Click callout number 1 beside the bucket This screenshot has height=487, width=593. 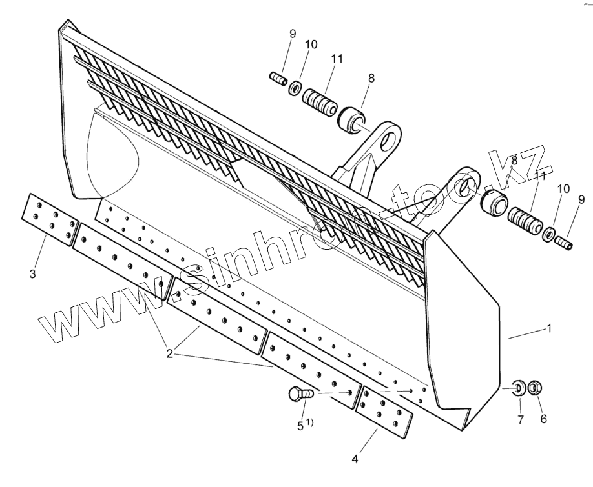click(x=549, y=328)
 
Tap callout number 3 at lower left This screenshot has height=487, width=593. click(x=32, y=275)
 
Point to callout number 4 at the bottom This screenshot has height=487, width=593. click(x=355, y=459)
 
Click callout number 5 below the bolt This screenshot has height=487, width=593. click(x=300, y=425)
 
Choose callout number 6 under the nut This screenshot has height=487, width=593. click(x=543, y=419)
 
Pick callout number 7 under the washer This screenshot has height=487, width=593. click(x=520, y=420)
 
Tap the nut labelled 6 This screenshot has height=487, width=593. click(x=534, y=388)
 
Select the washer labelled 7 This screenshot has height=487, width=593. click(x=519, y=388)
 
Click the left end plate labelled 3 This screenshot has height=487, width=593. click(x=50, y=218)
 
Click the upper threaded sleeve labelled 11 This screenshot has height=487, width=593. click(x=320, y=104)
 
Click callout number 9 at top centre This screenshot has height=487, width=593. click(x=291, y=33)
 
